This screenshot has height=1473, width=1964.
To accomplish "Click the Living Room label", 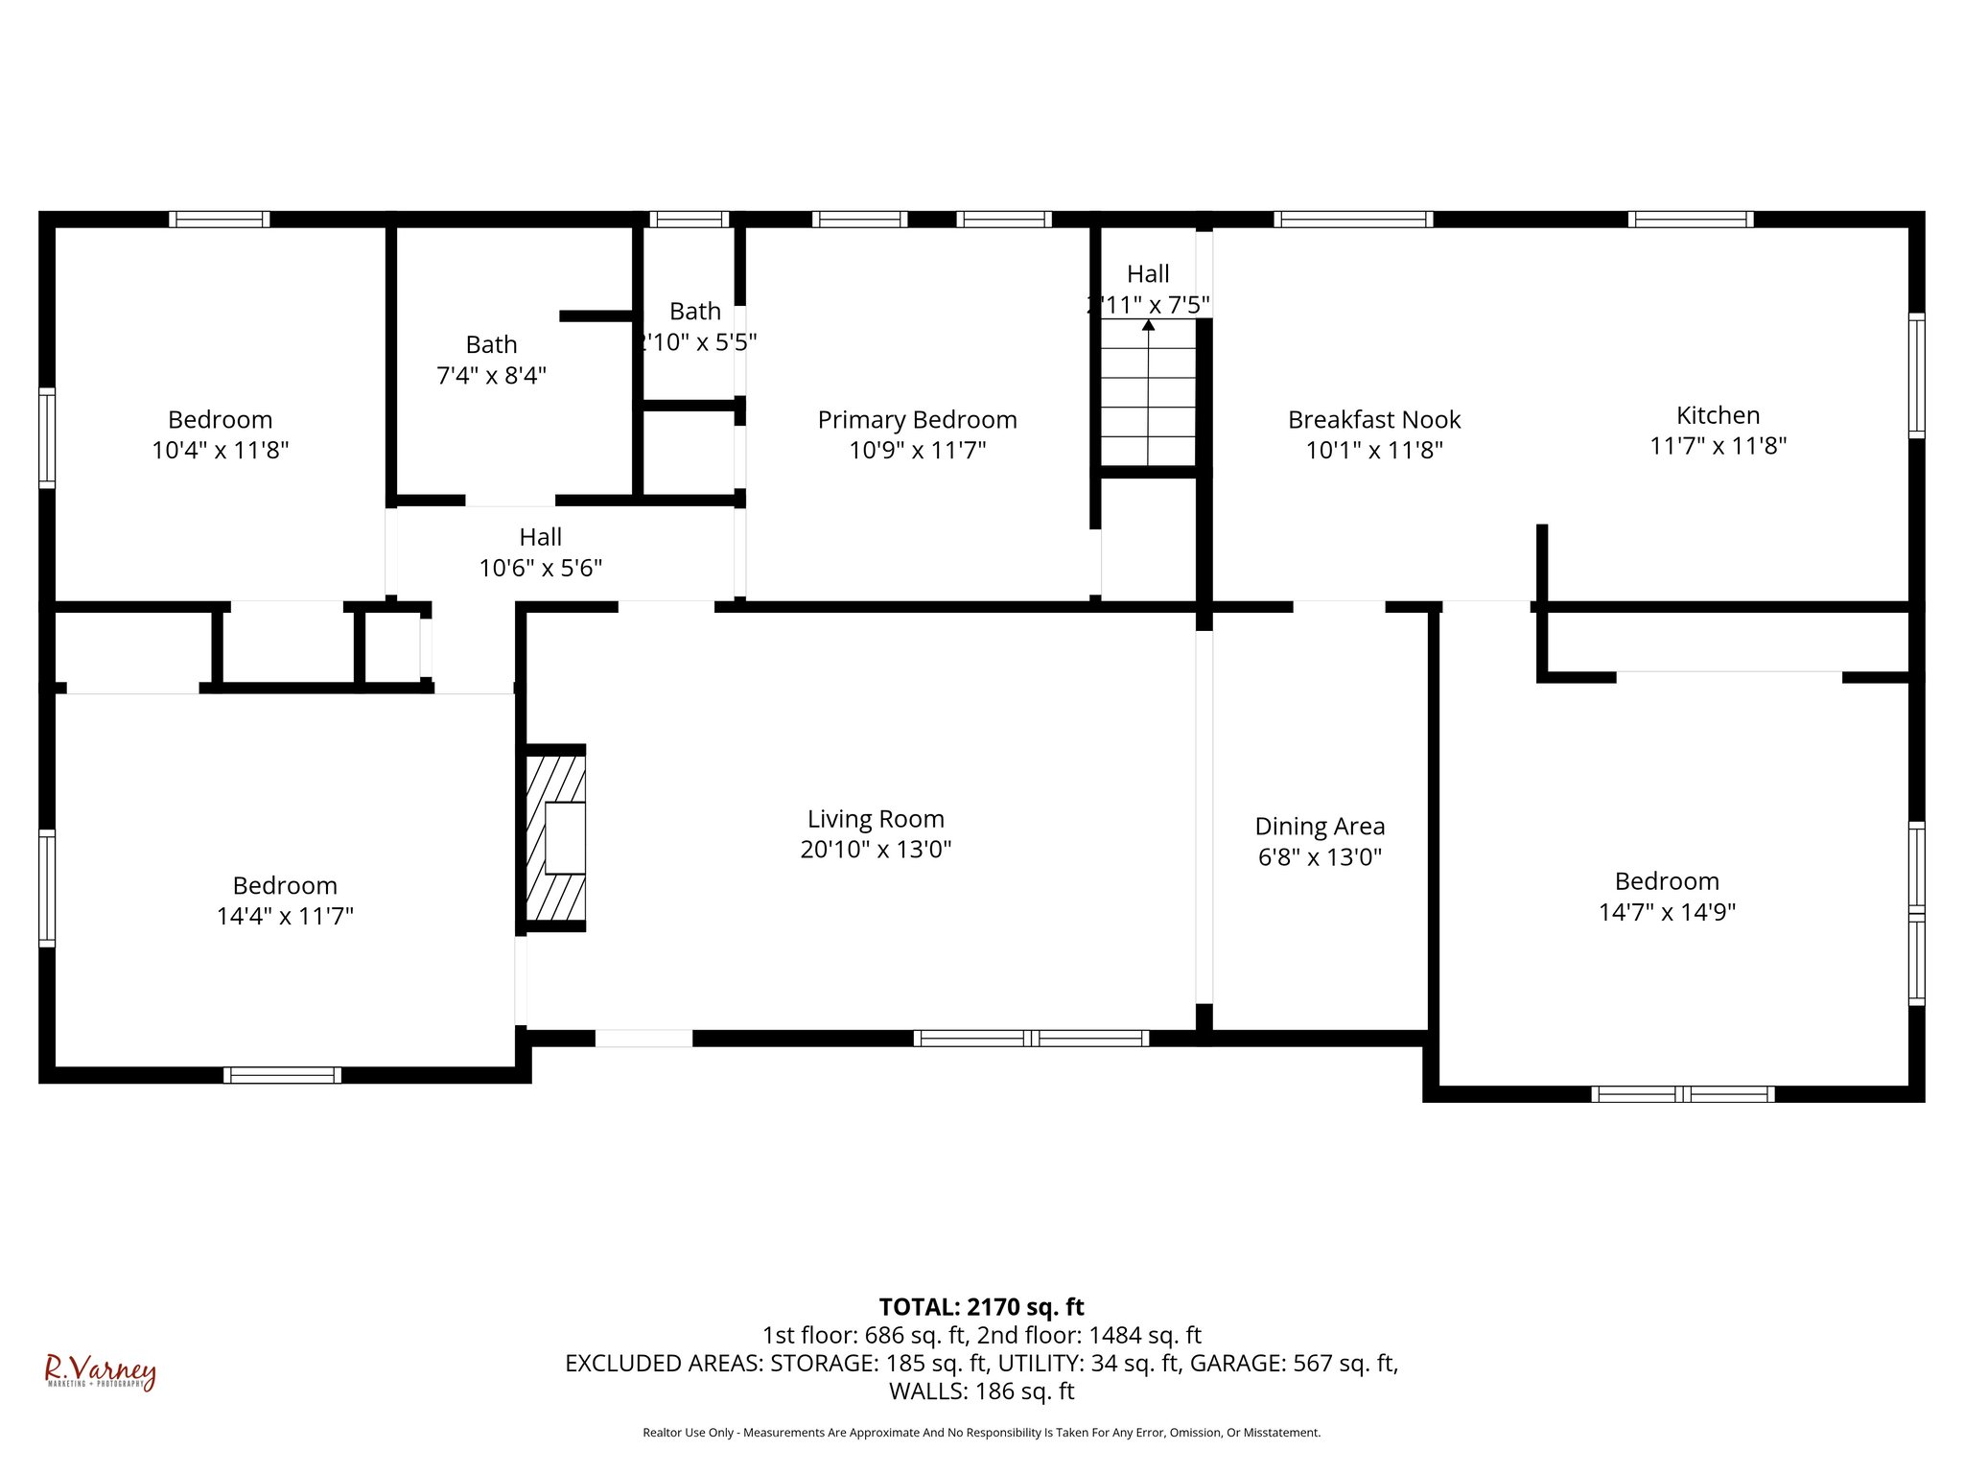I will click(876, 819).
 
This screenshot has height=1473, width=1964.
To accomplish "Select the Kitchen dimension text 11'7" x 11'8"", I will click(1718, 446).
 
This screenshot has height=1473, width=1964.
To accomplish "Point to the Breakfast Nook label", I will click(1373, 420).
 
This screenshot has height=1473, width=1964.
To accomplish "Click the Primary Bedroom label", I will click(917, 420).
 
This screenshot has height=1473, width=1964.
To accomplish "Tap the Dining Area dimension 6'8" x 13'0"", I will click(1320, 856).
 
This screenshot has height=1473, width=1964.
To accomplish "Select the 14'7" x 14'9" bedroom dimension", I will click(1667, 912).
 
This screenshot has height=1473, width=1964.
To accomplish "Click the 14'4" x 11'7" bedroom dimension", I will click(285, 916).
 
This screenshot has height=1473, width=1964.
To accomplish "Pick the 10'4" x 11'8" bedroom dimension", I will click(220, 450).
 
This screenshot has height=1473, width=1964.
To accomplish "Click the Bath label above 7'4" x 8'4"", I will click(491, 344).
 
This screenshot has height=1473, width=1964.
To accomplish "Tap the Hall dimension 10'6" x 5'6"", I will click(540, 568).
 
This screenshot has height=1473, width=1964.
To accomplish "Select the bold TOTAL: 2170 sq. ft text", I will click(981, 1307).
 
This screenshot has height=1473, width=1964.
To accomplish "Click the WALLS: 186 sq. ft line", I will click(981, 1391).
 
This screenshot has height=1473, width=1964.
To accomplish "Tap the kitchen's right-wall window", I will click(1915, 375).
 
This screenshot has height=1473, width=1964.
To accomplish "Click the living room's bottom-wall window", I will click(1031, 1038).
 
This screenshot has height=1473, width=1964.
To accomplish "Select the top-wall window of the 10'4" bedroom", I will click(219, 220).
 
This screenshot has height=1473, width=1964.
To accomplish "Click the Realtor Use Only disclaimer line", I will click(981, 1433).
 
